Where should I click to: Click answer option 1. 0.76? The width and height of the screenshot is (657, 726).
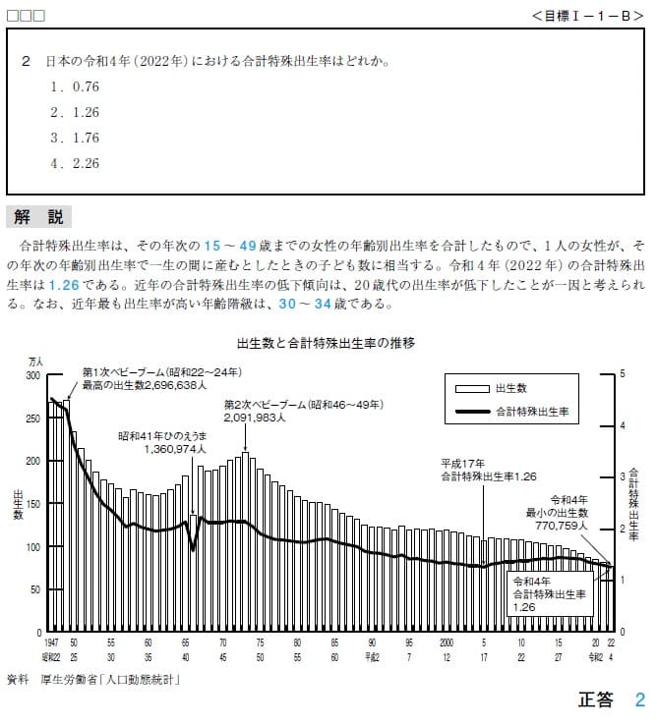point(75,86)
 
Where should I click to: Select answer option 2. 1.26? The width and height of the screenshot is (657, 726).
point(75,112)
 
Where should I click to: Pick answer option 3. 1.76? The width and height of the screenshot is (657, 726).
point(75,138)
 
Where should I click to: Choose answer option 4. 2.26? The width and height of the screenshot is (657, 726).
point(75,163)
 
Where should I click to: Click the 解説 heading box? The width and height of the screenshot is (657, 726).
point(38,217)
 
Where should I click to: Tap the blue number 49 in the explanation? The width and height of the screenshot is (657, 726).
point(248,246)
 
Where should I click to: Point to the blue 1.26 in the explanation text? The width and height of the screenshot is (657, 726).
point(64,285)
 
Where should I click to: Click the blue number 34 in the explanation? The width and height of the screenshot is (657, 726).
point(323,304)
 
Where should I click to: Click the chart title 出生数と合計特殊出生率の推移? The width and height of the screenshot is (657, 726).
point(326,343)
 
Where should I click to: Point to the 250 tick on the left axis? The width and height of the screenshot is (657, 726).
point(32,419)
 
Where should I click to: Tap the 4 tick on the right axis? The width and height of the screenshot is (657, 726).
point(623,425)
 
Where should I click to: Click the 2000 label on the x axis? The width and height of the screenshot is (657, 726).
point(447,642)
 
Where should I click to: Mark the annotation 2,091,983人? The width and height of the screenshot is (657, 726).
point(255,418)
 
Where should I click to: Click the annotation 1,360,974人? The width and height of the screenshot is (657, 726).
point(175,449)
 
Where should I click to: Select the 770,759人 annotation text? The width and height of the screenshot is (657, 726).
point(561,526)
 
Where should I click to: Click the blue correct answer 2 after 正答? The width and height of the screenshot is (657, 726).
point(640,699)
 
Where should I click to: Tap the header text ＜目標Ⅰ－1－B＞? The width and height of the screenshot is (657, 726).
point(587,16)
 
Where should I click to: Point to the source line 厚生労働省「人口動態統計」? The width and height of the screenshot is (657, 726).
point(110,680)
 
